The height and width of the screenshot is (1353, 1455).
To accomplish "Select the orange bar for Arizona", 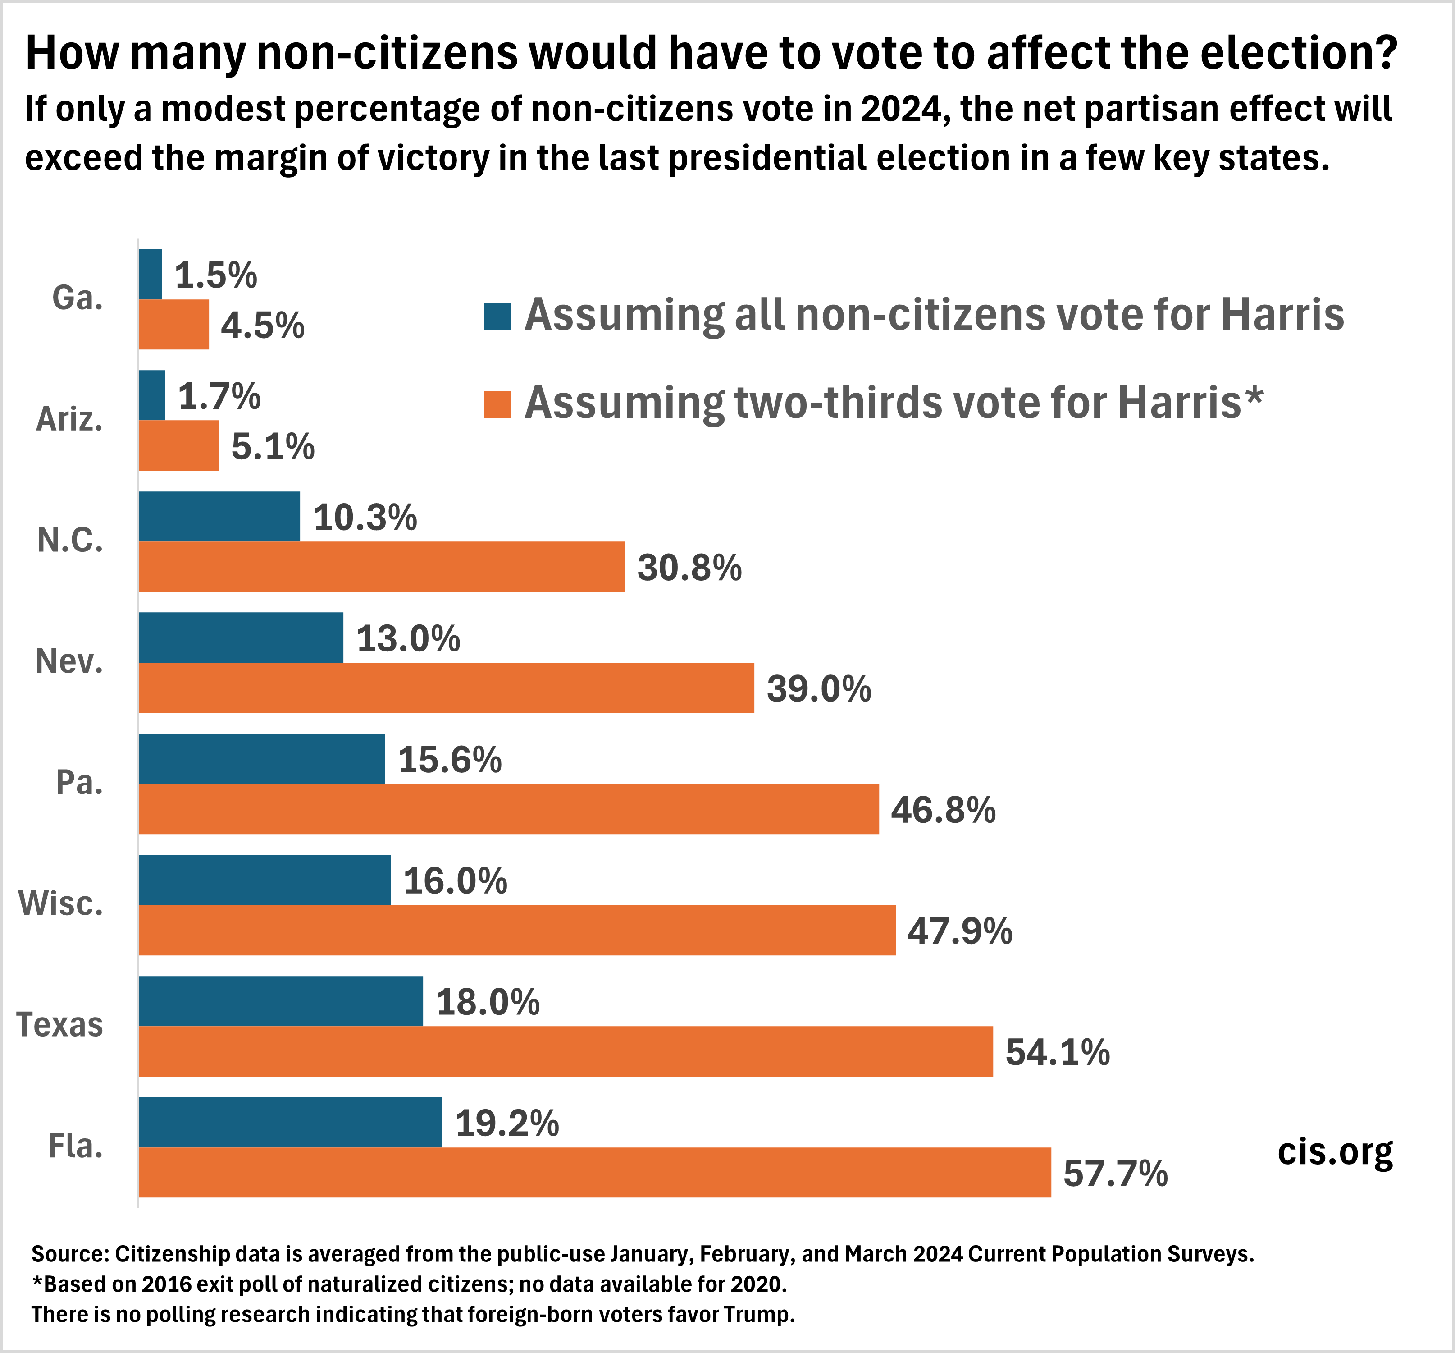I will pyautogui.click(x=178, y=445).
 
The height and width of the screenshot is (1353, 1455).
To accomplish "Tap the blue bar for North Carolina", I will pyautogui.click(x=219, y=516).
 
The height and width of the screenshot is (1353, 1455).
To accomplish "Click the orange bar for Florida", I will pyautogui.click(x=594, y=1172).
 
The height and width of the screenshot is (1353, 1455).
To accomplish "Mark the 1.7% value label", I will pyautogui.click(x=219, y=396).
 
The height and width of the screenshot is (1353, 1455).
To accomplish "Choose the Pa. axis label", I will pyautogui.click(x=79, y=783).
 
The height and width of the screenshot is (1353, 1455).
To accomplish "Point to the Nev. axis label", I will pyautogui.click(x=69, y=661).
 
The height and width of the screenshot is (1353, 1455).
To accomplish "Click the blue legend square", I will pyautogui.click(x=497, y=316).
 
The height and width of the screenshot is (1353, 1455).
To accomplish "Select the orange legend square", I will pyautogui.click(x=497, y=404).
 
